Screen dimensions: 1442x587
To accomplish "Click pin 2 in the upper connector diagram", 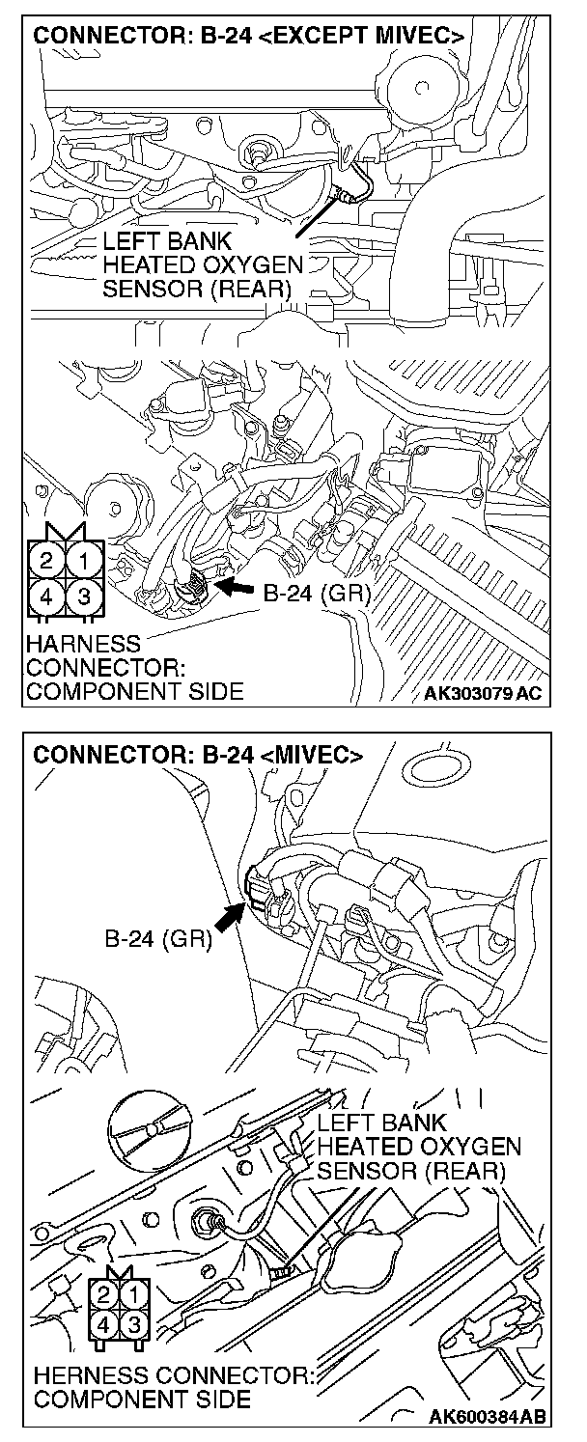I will (46, 559).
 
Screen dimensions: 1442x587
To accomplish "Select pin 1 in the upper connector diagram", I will (85, 559).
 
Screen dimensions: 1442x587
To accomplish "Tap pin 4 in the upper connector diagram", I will (46, 596).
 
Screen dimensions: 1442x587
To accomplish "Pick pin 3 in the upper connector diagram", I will (85, 596).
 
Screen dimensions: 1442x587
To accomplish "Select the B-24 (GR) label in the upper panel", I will (317, 592).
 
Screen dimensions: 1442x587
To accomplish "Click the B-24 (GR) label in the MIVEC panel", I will (158, 937).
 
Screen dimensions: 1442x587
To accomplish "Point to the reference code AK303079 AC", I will (489, 693).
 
